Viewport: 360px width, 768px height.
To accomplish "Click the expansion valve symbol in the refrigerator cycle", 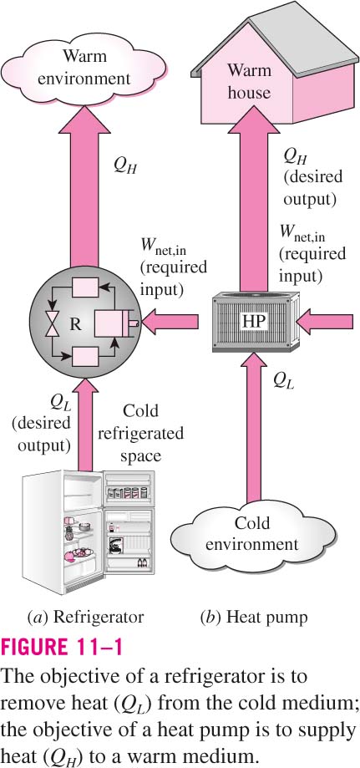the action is pyautogui.click(x=51, y=325).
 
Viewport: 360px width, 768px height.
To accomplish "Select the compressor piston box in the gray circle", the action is pyautogui.click(x=111, y=323).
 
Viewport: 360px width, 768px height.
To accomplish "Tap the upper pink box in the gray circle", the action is pyautogui.click(x=84, y=287).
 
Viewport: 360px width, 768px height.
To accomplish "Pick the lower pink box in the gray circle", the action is pyautogui.click(x=84, y=356).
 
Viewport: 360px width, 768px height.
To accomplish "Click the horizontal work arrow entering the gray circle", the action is pyautogui.click(x=170, y=322).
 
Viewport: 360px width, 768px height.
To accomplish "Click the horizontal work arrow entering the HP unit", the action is pyautogui.click(x=325, y=322).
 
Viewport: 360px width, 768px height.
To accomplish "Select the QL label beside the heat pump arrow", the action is pyautogui.click(x=284, y=379).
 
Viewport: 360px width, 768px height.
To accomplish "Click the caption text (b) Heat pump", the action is pyautogui.click(x=254, y=617).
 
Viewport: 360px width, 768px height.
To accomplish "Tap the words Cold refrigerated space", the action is pyautogui.click(x=140, y=433).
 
